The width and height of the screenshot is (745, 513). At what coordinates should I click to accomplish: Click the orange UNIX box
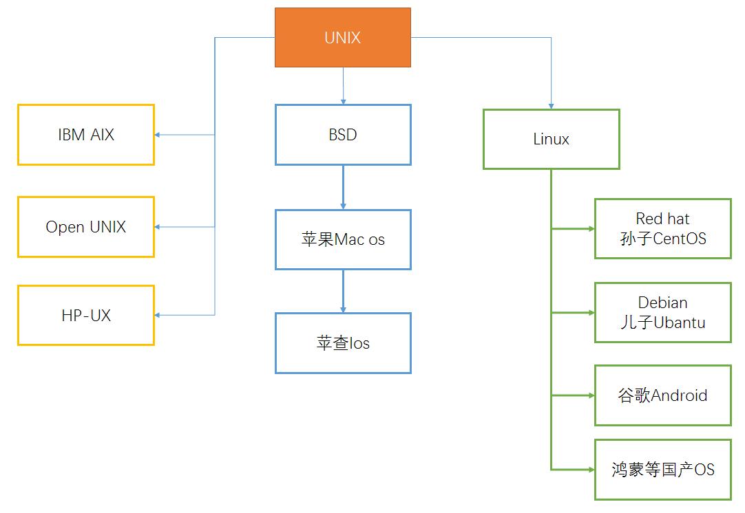point(343,38)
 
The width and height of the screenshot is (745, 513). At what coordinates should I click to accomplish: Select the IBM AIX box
point(86,135)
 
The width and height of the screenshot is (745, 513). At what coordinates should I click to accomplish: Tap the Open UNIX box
point(86,227)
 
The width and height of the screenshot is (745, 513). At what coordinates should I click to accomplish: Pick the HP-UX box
point(86,316)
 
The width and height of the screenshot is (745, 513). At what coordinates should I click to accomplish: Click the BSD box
point(343,135)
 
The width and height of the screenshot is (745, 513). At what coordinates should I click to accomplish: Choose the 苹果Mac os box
point(343,239)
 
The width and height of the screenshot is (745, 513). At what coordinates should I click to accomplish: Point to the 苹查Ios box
point(343,343)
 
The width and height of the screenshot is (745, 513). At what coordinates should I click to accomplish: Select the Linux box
point(551,139)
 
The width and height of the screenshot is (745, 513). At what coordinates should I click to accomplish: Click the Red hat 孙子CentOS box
point(662,229)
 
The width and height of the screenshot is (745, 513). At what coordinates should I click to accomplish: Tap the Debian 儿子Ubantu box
point(662,312)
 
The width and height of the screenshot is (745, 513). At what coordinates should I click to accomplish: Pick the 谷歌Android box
point(662,395)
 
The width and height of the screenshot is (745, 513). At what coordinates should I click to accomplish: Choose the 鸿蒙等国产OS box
point(662,470)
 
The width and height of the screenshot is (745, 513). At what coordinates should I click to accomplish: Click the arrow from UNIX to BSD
point(343,85)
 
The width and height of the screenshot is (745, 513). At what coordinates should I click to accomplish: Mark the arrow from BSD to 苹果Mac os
point(343,187)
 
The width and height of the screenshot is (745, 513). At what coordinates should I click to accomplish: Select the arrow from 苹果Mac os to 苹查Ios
point(343,291)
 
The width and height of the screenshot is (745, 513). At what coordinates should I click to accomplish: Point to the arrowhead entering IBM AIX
point(158,135)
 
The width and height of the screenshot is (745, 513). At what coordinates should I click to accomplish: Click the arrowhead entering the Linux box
point(551,105)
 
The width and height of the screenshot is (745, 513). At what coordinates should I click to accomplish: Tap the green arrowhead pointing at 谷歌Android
point(591,395)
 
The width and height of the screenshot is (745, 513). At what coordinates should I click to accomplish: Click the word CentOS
point(679,239)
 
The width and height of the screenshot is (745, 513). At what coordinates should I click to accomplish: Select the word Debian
point(662,303)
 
